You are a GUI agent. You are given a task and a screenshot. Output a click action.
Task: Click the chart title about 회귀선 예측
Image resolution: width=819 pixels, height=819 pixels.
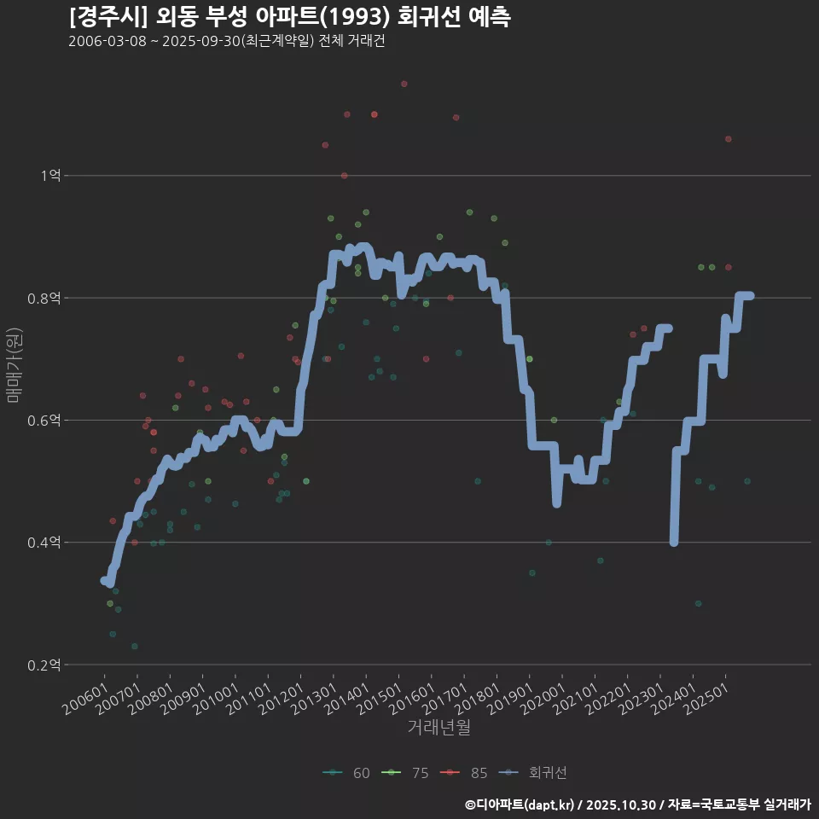click(290, 16)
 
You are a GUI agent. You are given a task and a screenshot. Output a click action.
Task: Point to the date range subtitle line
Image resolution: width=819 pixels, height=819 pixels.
click(227, 42)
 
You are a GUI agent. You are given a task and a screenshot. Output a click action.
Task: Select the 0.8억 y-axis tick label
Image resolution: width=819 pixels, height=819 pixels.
click(44, 298)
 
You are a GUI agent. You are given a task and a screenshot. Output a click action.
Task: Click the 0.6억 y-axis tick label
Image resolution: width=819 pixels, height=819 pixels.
click(44, 421)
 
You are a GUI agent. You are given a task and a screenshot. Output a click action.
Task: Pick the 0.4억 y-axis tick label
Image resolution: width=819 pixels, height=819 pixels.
click(44, 543)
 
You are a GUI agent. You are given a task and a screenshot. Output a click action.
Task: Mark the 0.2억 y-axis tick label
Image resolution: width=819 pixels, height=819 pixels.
click(44, 665)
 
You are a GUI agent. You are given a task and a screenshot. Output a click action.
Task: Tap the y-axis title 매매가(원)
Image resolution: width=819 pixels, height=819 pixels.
click(13, 365)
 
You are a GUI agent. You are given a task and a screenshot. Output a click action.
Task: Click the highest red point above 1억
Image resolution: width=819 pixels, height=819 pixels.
click(404, 84)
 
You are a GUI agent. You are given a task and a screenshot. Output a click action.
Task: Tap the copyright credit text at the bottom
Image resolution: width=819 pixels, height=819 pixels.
click(638, 804)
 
